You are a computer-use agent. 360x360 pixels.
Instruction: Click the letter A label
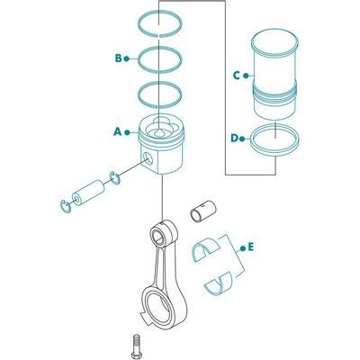(117, 131)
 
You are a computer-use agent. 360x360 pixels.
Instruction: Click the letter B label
(119, 58)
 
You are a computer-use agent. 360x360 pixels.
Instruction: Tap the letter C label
(237, 76)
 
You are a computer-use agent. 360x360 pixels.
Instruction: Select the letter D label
(234, 139)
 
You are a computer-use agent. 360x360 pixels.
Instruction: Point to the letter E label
(251, 247)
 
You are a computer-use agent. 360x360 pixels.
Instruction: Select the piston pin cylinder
(88, 193)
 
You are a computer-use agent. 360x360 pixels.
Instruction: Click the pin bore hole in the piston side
(148, 158)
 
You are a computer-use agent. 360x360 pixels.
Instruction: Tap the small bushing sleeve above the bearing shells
(203, 212)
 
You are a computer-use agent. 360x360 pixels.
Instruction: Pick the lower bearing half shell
(219, 284)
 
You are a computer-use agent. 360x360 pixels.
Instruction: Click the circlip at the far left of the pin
(66, 206)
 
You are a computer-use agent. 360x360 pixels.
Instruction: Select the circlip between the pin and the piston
(114, 178)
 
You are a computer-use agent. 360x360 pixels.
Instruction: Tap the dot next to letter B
(126, 58)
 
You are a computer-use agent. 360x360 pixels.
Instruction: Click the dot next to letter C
(246, 76)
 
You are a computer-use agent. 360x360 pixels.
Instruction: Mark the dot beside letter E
(242, 248)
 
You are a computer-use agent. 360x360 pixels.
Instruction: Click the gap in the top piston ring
(159, 35)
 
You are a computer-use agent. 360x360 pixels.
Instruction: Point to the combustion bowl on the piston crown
(160, 130)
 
